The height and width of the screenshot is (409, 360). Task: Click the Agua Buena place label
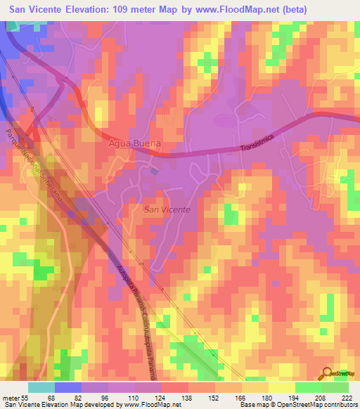[135, 143]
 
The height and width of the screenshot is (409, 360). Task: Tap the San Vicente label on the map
[166, 209]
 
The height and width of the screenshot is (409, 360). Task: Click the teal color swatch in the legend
[41, 387]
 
